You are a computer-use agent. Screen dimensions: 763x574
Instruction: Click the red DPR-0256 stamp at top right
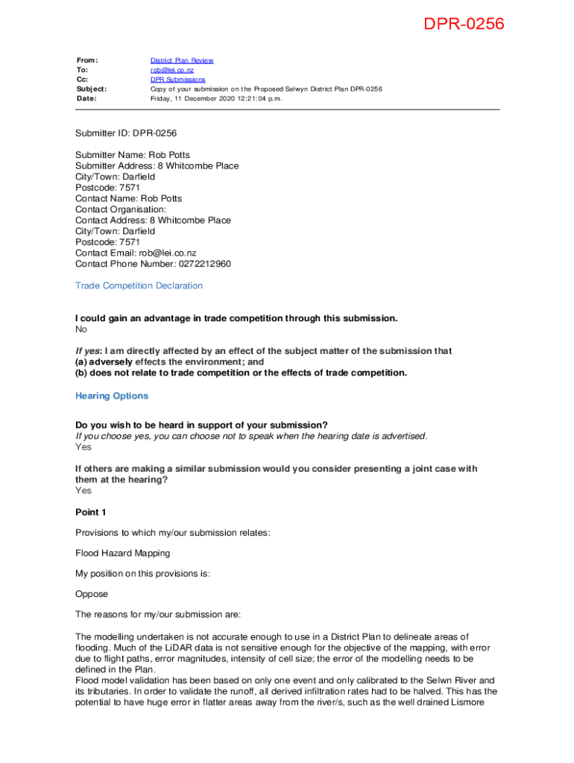[464, 25]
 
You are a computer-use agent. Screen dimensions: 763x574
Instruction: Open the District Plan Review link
[182, 60]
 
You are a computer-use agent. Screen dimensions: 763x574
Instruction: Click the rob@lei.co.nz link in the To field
[171, 70]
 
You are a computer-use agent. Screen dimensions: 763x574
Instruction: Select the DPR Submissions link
[177, 79]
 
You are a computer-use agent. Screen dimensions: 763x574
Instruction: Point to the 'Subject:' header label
[91, 89]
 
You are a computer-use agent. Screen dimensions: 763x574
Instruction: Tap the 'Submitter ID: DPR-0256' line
[126, 133]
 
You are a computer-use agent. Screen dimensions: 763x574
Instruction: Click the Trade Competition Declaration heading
[139, 286]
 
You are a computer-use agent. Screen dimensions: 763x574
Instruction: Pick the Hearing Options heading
[112, 396]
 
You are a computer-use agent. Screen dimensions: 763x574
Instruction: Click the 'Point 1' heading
[91, 512]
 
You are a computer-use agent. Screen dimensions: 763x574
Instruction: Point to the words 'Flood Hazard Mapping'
[122, 553]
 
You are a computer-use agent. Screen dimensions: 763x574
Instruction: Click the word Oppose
[92, 594]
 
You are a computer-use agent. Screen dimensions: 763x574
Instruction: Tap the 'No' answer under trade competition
[81, 329]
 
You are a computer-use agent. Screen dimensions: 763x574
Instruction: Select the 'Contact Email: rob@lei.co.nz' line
[136, 253]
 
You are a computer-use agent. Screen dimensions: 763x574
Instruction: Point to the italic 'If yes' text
[89, 351]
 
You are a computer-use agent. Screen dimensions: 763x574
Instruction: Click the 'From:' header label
[87, 60]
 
